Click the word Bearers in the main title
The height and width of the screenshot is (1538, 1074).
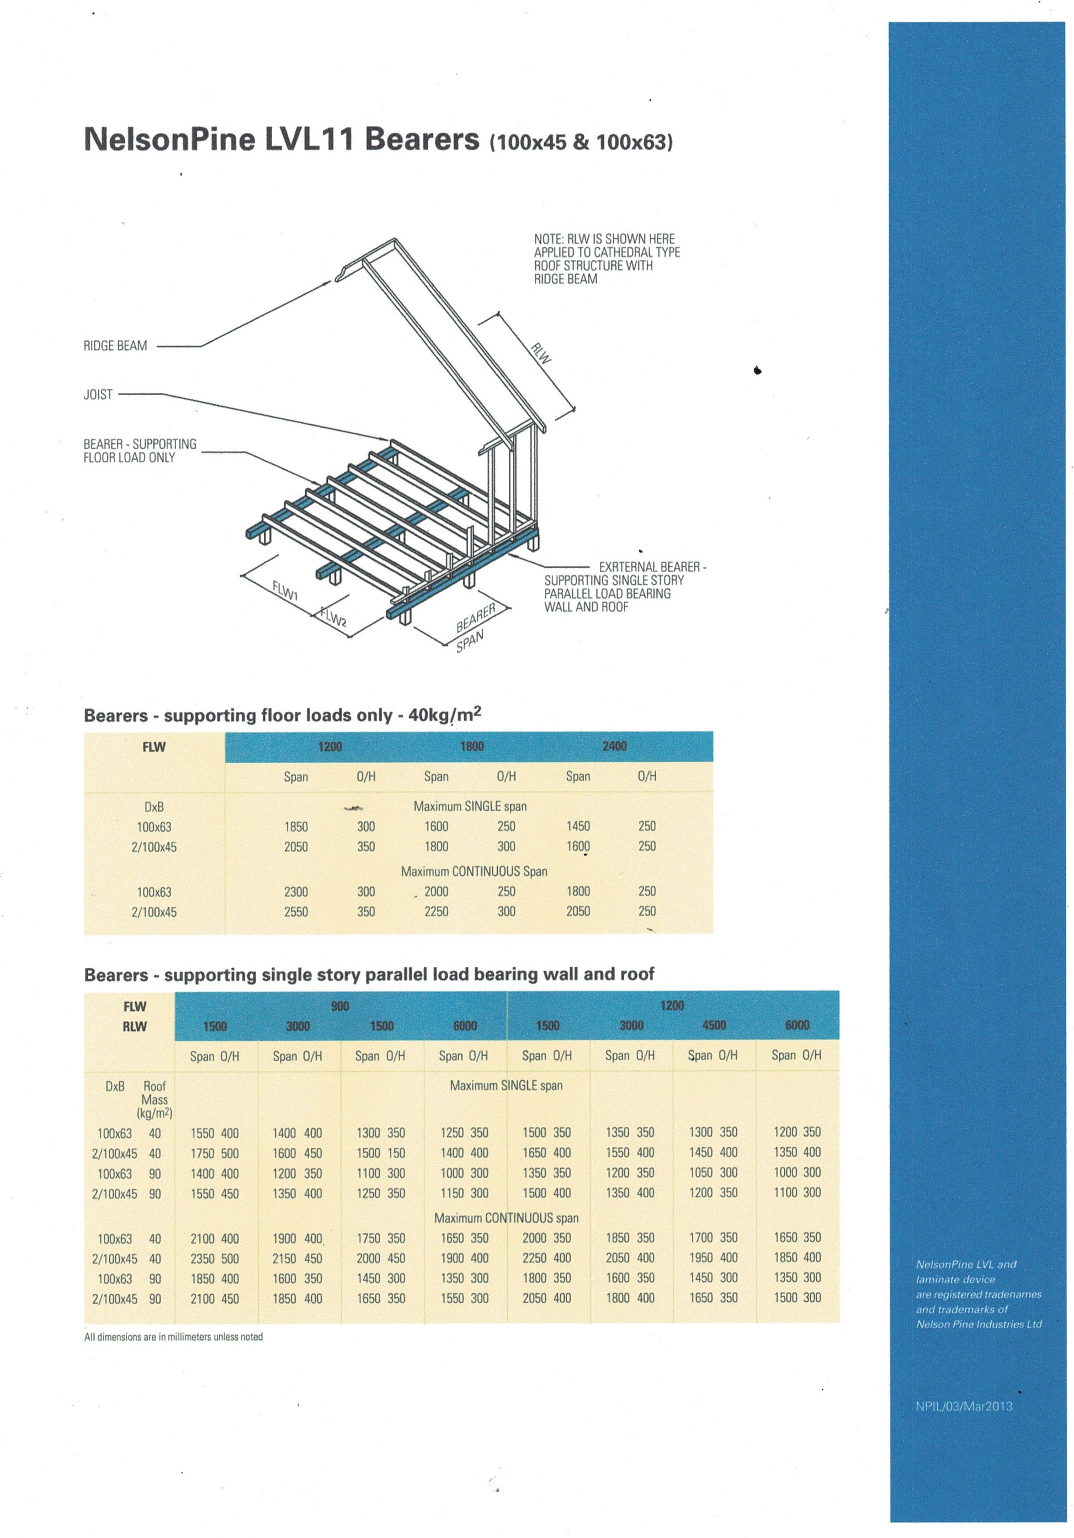[x=422, y=139]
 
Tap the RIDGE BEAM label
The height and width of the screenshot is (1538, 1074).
[x=115, y=345]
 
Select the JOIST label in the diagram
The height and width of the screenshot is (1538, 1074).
[x=98, y=395]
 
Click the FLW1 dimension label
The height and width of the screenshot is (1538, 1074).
[x=285, y=590]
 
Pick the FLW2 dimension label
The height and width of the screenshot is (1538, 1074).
[x=333, y=617]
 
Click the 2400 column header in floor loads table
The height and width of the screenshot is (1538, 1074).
[x=614, y=746]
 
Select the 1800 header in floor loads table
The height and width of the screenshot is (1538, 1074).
[x=472, y=746]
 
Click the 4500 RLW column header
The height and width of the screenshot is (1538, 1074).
[x=714, y=1025]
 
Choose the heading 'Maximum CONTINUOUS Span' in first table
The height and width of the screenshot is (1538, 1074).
[x=474, y=871]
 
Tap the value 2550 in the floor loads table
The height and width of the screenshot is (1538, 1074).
[x=295, y=912]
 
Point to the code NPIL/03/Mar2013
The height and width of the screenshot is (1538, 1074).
[x=964, y=1407]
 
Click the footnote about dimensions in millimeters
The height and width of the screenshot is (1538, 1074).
[x=173, y=1337]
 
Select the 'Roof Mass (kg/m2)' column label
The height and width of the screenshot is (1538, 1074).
[x=154, y=1099]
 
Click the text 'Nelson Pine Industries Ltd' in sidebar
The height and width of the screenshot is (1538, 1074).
[x=979, y=1324]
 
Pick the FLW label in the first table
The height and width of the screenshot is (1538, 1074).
[x=153, y=747]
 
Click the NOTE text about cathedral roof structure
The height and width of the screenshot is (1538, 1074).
[x=607, y=259]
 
